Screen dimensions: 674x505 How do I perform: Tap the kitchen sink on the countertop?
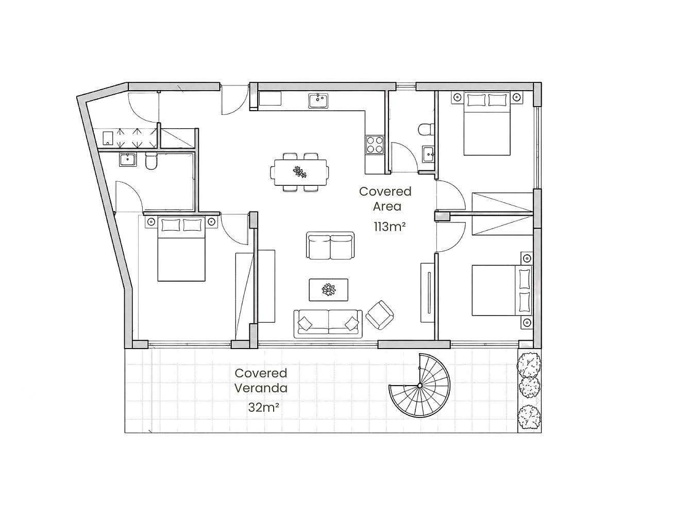tap(318, 101)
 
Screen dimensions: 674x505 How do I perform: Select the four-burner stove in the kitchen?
tap(375, 145)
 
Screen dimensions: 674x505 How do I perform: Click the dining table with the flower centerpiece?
tap(300, 172)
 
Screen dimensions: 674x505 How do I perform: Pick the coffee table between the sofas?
tap(328, 290)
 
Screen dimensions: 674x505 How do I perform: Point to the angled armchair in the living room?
tap(380, 315)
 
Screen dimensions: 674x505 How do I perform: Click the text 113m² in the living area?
tap(390, 227)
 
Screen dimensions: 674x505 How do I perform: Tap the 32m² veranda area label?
tap(263, 407)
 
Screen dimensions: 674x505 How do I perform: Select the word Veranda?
tap(261, 388)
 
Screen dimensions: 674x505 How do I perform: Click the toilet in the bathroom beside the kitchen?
tap(427, 129)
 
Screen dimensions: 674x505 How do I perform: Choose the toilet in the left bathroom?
tap(151, 161)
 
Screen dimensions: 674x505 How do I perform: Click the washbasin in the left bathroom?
tap(128, 160)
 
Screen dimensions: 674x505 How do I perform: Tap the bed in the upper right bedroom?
tap(487, 123)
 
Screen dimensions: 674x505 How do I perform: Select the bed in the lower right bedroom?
tap(502, 290)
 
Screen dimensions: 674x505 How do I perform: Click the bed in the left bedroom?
tap(181, 249)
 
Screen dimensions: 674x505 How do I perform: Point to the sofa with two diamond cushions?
tap(328, 324)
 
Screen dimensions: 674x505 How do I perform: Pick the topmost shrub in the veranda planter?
tap(529, 365)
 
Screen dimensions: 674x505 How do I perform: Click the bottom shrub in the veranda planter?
tap(529, 417)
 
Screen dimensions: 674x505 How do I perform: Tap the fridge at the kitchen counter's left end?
tap(270, 98)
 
